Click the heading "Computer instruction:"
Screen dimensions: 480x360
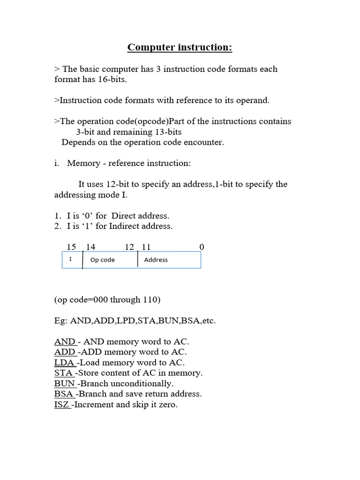[180, 47]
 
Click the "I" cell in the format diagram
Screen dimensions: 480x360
[71, 259]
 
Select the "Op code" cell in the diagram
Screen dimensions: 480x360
[102, 260]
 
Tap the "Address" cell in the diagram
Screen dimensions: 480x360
[156, 260]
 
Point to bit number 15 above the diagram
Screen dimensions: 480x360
[71, 247]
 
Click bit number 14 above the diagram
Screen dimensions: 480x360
[90, 247]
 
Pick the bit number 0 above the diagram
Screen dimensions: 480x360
[202, 247]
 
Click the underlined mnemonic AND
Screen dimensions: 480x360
[65, 342]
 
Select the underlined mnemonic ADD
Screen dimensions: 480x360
[65, 352]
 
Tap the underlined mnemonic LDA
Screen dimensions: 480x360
[65, 362]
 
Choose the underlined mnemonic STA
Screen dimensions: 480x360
[64, 373]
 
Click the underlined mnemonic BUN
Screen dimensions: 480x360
[65, 383]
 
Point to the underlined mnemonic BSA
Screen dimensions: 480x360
[64, 394]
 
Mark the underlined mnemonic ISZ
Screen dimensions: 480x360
[62, 405]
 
